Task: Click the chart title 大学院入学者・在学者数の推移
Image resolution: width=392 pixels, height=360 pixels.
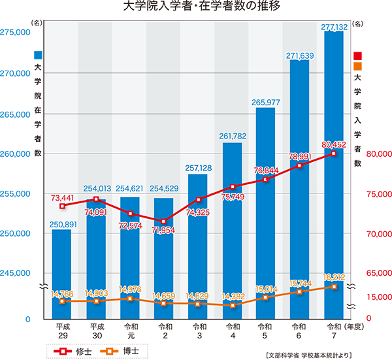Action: (201, 6)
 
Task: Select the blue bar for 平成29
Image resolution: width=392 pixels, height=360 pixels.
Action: (61, 274)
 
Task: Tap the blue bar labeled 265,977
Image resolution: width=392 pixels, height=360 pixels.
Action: (265, 213)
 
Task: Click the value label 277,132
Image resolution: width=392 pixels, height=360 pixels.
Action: (335, 27)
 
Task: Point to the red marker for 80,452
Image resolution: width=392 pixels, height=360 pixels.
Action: (333, 154)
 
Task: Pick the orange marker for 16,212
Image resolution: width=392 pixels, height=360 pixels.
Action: (334, 287)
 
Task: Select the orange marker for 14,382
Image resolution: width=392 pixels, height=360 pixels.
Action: (233, 306)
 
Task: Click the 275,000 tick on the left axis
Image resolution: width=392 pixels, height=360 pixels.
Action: (15, 32)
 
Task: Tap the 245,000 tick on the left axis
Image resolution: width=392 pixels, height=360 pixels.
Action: (15, 273)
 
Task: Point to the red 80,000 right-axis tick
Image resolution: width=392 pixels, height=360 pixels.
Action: (379, 154)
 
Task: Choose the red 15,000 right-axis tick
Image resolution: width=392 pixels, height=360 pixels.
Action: (379, 297)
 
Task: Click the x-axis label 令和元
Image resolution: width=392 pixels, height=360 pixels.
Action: (131, 331)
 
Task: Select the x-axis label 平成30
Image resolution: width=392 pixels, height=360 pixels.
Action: (97, 331)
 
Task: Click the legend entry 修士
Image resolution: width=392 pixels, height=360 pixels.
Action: (73, 352)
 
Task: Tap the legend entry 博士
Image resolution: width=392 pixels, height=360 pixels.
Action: (120, 352)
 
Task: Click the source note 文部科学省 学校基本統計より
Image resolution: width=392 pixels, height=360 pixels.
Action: (309, 355)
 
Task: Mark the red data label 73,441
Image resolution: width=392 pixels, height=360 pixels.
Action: (63, 198)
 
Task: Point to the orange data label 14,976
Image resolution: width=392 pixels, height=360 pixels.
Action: (130, 289)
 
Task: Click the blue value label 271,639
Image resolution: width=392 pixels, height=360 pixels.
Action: (300, 56)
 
